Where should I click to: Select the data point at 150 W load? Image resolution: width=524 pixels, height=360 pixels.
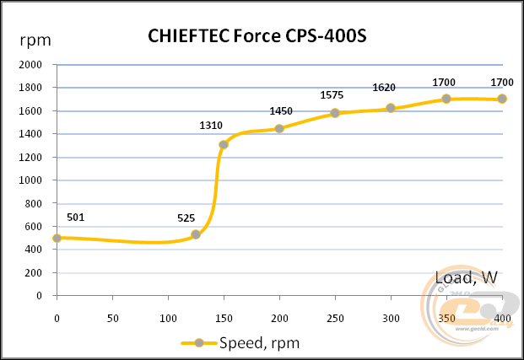[224, 144]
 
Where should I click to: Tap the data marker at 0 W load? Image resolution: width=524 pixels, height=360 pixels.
[57, 238]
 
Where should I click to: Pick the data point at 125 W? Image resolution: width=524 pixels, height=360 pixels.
[196, 234]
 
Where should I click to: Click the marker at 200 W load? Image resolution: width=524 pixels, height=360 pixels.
[279, 128]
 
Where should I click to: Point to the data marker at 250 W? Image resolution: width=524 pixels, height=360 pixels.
[335, 113]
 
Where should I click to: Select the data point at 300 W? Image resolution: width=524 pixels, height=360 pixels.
[391, 108]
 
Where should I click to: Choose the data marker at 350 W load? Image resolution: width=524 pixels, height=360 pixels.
[446, 99]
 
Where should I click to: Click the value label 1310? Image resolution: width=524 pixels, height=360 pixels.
[211, 126]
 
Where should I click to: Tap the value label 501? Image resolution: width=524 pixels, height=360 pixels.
[76, 218]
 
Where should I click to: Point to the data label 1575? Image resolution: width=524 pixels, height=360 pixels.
[332, 94]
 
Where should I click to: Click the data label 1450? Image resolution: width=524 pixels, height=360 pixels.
[281, 111]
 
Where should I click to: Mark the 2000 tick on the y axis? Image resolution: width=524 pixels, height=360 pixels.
[30, 65]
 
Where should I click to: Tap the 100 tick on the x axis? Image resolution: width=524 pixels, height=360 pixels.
[168, 318]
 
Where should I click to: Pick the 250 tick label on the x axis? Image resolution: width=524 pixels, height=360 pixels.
[335, 318]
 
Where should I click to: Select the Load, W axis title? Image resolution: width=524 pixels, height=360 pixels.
[466, 277]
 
